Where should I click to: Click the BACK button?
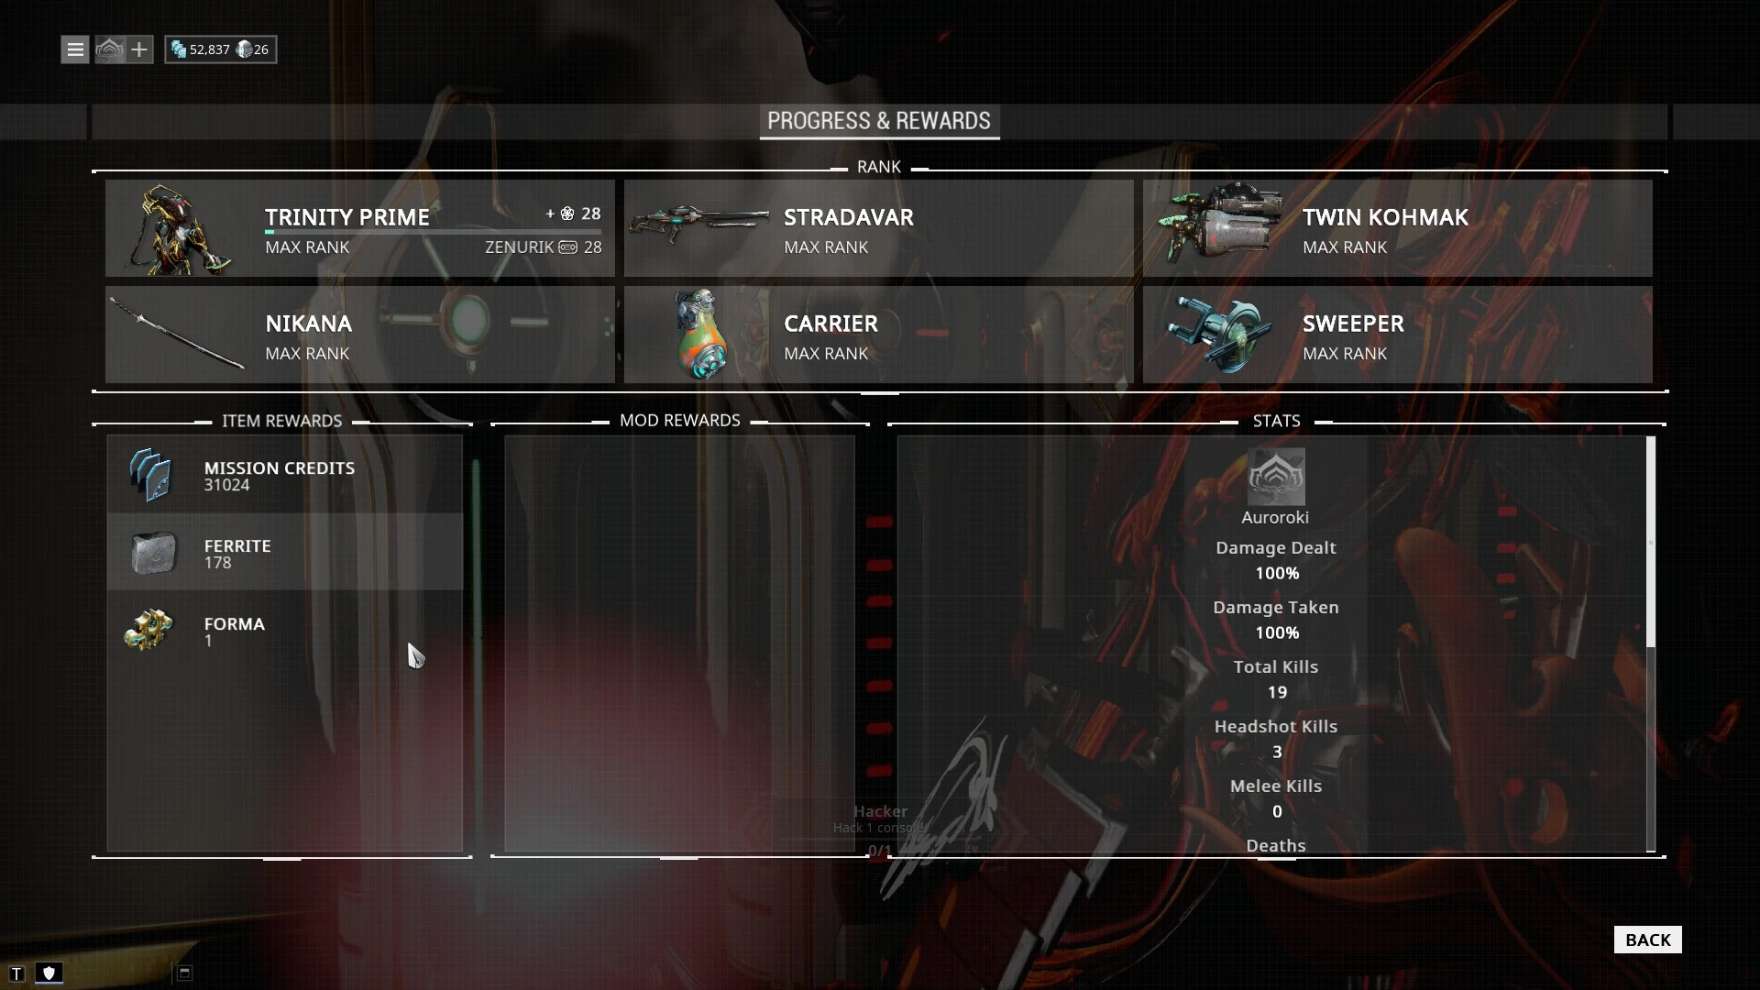[1647, 940]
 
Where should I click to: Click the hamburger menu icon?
[75, 49]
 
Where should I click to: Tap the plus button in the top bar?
[139, 49]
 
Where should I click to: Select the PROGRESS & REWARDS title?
[878, 121]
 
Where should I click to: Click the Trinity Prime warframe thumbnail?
[177, 229]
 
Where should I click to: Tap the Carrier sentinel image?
[698, 335]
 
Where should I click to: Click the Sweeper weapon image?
[1218, 334]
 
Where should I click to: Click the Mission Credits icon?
[150, 476]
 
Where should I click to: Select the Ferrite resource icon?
[152, 554]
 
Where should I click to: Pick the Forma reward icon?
[149, 631]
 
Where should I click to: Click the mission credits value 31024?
[226, 486]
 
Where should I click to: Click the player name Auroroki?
[1275, 518]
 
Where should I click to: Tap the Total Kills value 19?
[1277, 693]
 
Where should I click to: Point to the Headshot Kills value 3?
[1277, 753]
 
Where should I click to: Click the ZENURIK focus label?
[519, 247]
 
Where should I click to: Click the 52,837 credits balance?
[210, 49]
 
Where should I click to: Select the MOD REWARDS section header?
[679, 421]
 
